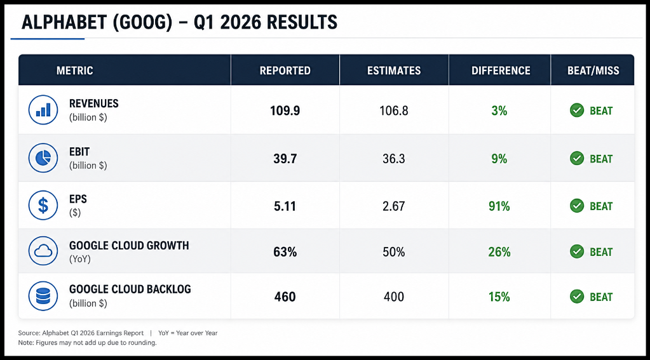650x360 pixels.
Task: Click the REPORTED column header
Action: pos(285,71)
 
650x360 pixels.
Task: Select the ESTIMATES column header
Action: pos(394,71)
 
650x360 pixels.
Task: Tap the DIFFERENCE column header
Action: pos(501,71)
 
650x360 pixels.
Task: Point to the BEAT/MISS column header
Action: pos(593,71)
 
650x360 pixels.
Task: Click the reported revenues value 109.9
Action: pos(285,110)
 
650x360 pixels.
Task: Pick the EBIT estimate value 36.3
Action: pos(394,159)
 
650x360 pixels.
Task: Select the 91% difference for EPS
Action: pos(499,206)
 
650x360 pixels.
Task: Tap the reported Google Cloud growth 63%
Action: pos(285,252)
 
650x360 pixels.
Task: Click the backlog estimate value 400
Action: pos(394,297)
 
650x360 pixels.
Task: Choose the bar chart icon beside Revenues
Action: pos(43,110)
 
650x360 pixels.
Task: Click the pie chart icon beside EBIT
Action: pos(43,158)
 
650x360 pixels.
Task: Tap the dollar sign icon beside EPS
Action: pos(43,206)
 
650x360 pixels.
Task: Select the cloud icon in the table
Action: pos(43,251)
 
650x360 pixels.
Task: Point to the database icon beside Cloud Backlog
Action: pos(43,296)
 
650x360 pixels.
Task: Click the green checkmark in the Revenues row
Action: pos(577,110)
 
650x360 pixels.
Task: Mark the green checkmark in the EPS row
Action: pos(577,206)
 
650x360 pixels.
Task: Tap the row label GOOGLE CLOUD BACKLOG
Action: pos(130,289)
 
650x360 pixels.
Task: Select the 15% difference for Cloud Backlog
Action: pos(499,297)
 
